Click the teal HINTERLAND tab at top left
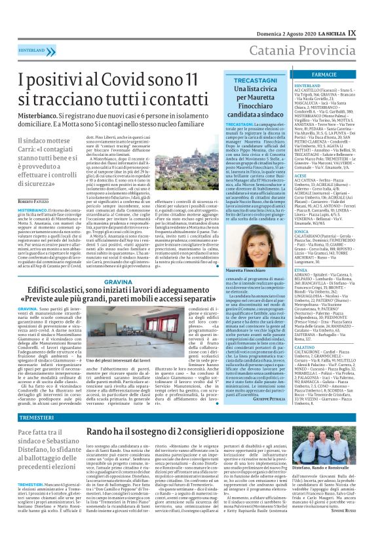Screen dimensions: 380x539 28,50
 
